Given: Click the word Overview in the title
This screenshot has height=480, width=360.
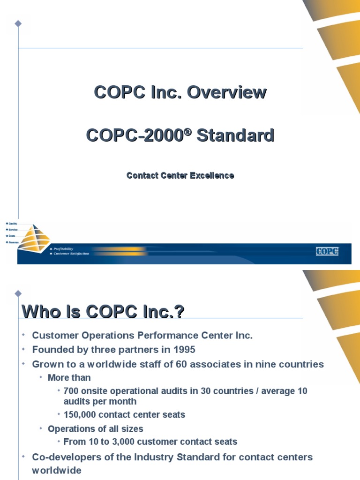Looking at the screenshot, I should pos(227,92).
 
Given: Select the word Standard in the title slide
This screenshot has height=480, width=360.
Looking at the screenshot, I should pos(235,136).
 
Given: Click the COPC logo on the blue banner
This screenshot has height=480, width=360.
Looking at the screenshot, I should pos(327,251).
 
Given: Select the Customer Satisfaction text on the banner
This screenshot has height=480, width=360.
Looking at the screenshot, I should pos(72,254).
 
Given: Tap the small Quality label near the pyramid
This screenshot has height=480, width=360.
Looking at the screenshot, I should pos(13,224).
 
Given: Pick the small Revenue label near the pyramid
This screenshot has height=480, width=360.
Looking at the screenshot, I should pos(13,242).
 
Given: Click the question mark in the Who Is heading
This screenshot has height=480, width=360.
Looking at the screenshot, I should pos(179,311).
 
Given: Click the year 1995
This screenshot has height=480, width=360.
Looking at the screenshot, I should pos(185,350).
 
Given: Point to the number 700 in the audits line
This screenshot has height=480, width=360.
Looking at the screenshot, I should pos(71,391).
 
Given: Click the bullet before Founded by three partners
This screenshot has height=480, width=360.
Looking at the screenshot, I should pos(23,350).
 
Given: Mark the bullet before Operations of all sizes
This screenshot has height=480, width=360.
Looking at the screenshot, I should pos(41,428).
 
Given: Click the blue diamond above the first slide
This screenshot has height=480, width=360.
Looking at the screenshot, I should pos(18,23).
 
